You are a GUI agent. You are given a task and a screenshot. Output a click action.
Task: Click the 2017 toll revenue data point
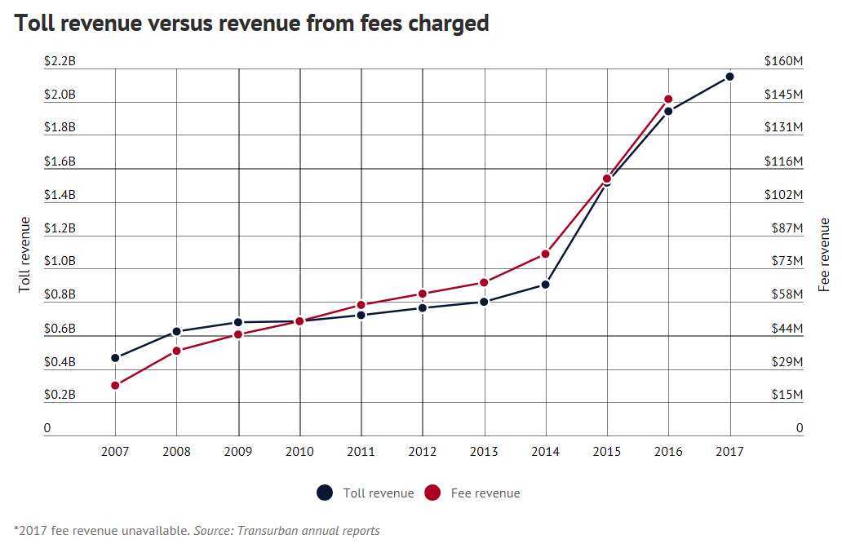[x=730, y=77]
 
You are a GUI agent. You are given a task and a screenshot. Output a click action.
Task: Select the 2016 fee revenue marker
[x=668, y=99]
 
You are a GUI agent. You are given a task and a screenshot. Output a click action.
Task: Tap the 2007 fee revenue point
[x=115, y=385]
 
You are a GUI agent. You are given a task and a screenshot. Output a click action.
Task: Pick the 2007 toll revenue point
[x=115, y=358]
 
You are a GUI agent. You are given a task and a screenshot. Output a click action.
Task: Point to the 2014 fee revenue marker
[x=545, y=254]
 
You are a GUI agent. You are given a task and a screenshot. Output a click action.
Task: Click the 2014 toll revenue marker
[x=545, y=285]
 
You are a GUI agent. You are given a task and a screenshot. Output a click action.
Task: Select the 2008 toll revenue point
[x=176, y=332]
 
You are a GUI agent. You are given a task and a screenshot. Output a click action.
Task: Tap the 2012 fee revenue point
[x=423, y=294]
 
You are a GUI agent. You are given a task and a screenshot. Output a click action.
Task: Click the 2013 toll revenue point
[x=484, y=302]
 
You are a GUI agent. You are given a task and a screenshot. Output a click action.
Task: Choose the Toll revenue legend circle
[x=325, y=493]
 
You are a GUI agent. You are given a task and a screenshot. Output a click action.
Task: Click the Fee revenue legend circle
[x=432, y=493]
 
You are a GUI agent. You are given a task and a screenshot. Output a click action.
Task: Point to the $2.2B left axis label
[x=60, y=61]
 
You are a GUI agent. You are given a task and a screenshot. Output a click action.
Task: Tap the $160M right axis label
[x=784, y=61]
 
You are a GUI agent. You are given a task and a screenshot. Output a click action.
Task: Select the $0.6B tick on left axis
[x=60, y=329]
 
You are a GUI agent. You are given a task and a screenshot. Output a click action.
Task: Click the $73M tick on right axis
[x=787, y=261]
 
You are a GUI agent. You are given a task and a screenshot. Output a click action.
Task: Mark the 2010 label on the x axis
[x=299, y=451]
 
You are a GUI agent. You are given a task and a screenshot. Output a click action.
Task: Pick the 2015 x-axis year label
[x=607, y=451]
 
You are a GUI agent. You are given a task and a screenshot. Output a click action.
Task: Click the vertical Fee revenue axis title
[x=825, y=254]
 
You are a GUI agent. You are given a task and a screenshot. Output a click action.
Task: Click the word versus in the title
[x=182, y=24]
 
